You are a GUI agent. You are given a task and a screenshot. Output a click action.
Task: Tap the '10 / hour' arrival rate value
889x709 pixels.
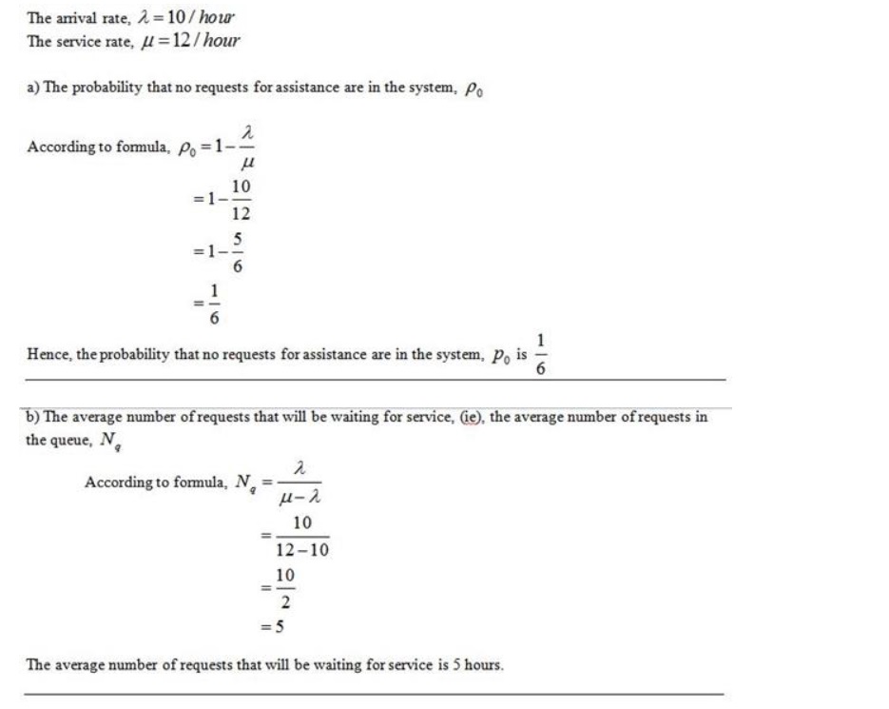pyautogui.click(x=206, y=20)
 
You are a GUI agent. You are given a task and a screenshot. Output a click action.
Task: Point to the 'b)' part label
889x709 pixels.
pyautogui.click(x=33, y=418)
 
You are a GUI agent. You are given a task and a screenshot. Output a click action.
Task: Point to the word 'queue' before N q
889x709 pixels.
pyautogui.click(x=73, y=440)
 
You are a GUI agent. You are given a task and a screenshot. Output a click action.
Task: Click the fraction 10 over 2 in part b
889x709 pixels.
pyautogui.click(x=284, y=589)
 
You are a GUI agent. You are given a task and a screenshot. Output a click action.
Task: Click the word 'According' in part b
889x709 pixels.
pyautogui.click(x=115, y=483)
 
